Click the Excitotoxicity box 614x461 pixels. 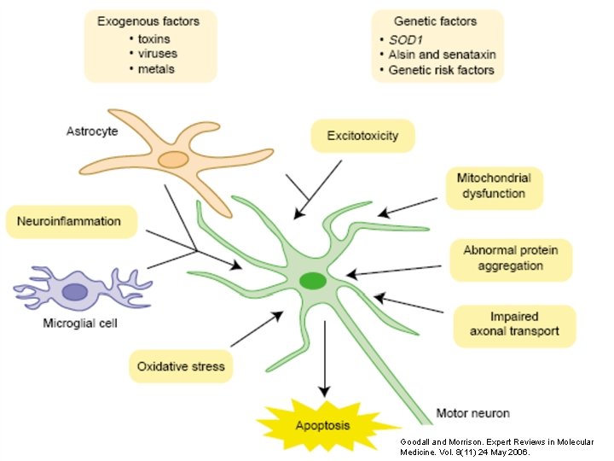[362, 135]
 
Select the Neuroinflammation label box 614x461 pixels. [71, 222]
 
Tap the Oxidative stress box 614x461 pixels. [181, 366]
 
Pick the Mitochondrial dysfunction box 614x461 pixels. [494, 186]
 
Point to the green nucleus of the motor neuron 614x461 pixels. [313, 280]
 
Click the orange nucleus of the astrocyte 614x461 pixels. [173, 160]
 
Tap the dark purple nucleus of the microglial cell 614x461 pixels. [75, 292]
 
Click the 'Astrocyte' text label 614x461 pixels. [91, 131]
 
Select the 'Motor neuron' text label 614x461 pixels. [472, 413]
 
